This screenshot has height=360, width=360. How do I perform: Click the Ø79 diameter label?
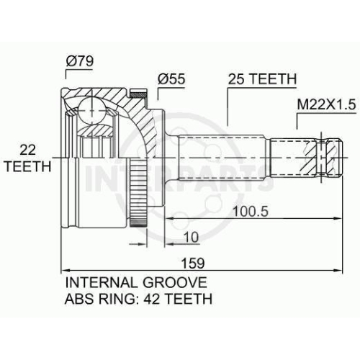80,61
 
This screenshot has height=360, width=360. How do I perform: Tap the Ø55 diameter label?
171,78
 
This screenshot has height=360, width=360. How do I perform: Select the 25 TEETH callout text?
262,78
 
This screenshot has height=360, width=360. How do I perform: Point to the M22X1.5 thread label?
326,104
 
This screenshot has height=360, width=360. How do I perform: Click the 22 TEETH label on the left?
28,158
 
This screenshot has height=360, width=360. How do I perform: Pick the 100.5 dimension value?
251,211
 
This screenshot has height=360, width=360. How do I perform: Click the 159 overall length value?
193,263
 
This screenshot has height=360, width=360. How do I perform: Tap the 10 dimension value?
191,237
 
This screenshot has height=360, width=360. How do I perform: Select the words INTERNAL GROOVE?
136,282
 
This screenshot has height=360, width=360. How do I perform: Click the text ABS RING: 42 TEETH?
138,299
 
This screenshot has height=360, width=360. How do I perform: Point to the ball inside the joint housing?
91,111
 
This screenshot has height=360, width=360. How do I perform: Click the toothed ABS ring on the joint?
138,193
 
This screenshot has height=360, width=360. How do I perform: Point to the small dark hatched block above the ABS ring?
138,93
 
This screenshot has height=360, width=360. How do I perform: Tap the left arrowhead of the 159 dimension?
66,270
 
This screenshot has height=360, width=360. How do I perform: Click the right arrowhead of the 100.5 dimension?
337,218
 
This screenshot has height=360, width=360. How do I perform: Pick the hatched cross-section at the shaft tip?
323,158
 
